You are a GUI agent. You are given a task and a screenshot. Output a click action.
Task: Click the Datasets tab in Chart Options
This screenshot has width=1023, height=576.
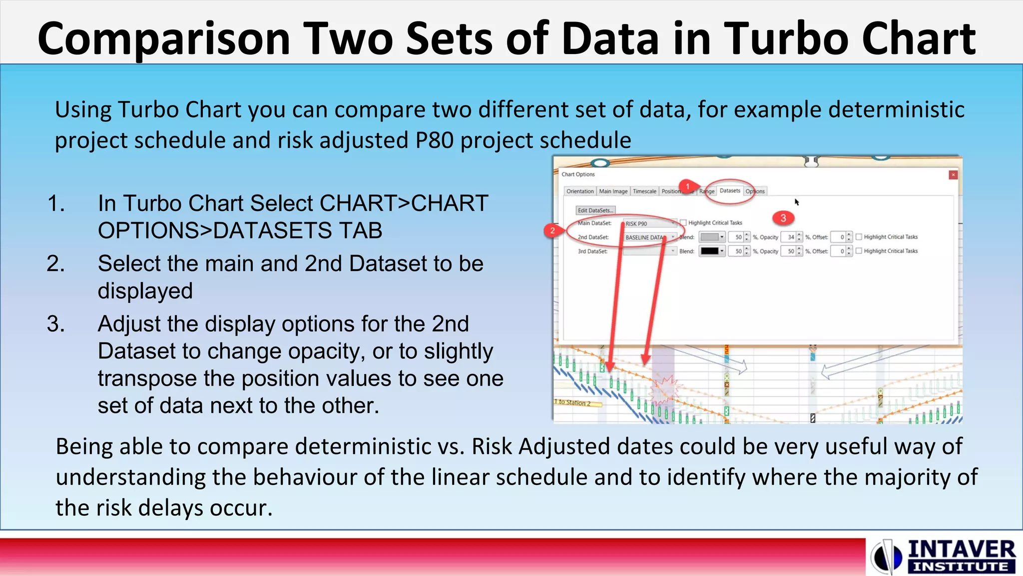point(730,191)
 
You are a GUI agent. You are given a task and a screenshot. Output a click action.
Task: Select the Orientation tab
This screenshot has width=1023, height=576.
point(580,191)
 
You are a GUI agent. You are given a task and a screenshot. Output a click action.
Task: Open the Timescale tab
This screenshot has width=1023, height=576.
point(644,191)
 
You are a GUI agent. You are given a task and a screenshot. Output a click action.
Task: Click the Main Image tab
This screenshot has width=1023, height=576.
point(613,191)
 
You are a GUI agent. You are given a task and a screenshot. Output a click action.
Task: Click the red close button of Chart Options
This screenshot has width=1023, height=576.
point(953,175)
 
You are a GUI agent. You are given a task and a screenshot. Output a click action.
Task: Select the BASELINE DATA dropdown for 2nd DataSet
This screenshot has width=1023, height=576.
point(649,237)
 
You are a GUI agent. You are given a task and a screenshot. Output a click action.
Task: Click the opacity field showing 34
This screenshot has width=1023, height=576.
point(790,237)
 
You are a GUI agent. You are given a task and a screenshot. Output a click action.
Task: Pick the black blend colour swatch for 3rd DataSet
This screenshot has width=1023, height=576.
point(710,251)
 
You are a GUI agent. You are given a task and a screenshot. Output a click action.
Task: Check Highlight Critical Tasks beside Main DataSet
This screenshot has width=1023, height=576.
point(683,223)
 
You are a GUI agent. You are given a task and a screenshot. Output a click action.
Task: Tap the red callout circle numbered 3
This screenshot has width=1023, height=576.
point(783,218)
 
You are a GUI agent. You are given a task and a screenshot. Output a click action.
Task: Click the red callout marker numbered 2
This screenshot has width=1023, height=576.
point(552,230)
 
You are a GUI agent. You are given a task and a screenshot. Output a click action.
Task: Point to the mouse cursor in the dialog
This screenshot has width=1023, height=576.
point(797,201)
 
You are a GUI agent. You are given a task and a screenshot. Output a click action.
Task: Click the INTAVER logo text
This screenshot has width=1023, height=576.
point(961,550)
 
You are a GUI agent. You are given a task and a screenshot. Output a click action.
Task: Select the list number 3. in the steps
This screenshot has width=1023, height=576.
point(56,324)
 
